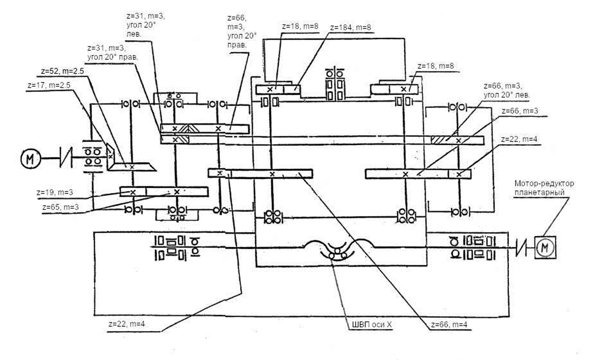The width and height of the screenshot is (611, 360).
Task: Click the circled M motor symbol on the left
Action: (x=29, y=158)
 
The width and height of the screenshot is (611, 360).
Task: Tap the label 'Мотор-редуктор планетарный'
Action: (x=536, y=188)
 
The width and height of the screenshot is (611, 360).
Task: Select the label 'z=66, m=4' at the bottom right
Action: (x=450, y=324)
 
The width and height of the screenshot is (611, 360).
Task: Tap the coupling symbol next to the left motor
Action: (x=65, y=158)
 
